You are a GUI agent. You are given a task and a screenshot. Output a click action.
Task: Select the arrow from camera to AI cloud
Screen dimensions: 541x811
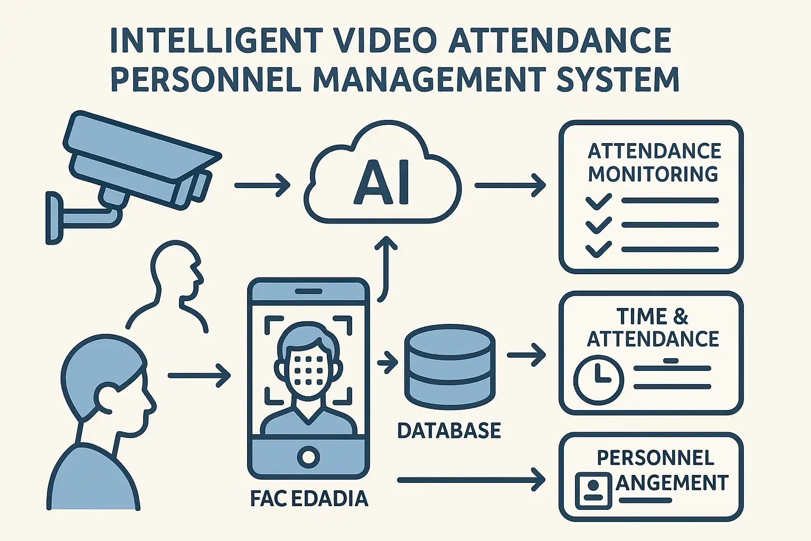click(x=262, y=185)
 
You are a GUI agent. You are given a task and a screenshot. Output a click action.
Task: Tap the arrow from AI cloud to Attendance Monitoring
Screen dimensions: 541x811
click(x=510, y=185)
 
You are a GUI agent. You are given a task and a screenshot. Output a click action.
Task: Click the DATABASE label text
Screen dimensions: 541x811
click(x=448, y=431)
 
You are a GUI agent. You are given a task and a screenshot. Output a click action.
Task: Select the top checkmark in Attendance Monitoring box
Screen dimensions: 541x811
click(x=598, y=201)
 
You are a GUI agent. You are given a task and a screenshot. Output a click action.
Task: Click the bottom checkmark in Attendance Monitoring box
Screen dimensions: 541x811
click(x=598, y=248)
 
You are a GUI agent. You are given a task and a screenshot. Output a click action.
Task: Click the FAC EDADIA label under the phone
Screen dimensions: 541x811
click(x=309, y=498)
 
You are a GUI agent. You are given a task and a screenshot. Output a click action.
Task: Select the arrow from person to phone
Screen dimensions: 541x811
click(x=199, y=376)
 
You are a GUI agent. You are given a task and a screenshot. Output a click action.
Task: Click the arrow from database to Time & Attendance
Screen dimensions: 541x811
click(x=526, y=355)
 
